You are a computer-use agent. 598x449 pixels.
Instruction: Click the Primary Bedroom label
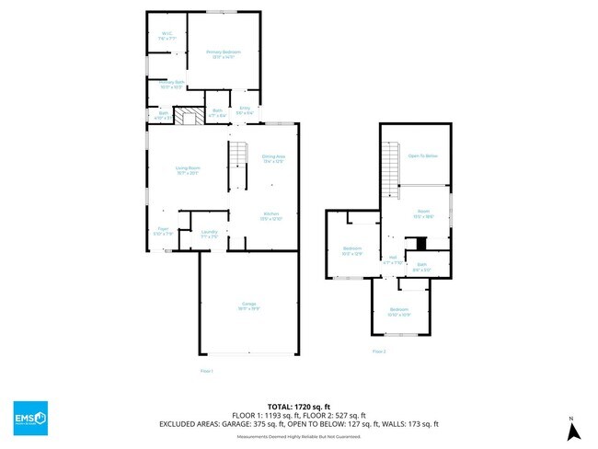(224, 53)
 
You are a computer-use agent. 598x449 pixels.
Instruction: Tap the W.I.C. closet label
(167, 37)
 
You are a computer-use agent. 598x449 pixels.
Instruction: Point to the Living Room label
(188, 169)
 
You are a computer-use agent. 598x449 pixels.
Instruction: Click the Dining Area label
(273, 158)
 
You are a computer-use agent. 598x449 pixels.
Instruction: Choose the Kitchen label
(271, 215)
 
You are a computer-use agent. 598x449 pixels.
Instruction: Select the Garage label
(248, 306)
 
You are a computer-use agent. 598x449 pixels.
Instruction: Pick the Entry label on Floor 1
(245, 110)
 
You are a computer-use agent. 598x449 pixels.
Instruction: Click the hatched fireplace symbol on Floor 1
(190, 117)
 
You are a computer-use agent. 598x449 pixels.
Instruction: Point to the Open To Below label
(422, 156)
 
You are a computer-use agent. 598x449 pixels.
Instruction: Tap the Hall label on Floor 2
(393, 259)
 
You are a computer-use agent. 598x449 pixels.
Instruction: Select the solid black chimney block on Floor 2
(421, 244)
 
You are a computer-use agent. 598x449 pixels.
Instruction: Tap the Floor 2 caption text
(379, 351)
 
